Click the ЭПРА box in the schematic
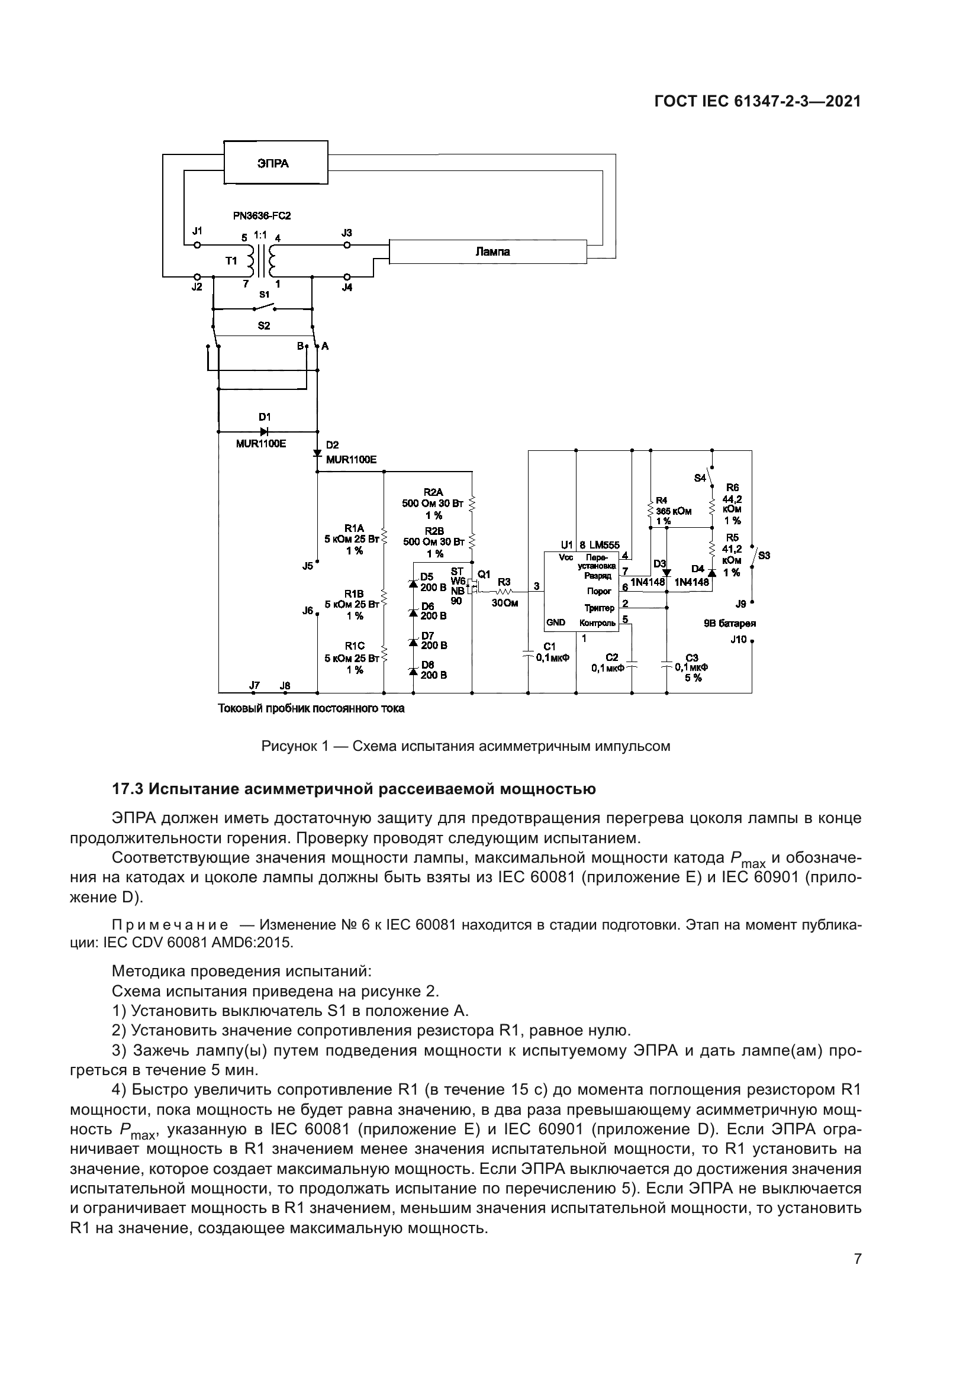[275, 163]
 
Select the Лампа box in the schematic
[487, 251]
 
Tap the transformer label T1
[231, 261]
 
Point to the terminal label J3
[347, 233]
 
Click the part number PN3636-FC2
[266, 215]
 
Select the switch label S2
[263, 325]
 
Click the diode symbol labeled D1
[265, 431]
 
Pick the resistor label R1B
[354, 593]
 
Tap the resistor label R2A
[433, 492]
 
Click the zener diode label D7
[427, 635]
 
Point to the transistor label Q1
[484, 574]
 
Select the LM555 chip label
[605, 545]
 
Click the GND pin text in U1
[555, 622]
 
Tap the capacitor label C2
[612, 657]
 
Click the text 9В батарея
[729, 624]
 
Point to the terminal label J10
[738, 640]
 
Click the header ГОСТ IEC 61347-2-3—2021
[757, 101]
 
